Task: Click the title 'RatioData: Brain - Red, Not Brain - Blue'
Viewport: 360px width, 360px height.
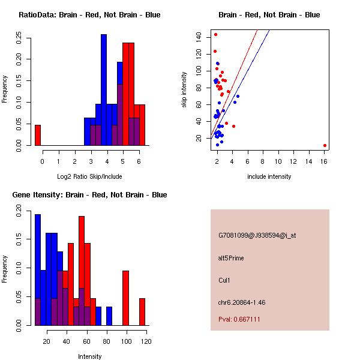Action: [x=89, y=15]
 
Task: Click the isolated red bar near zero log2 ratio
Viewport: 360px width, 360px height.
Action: [x=37, y=135]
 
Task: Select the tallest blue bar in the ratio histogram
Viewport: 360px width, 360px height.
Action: [x=104, y=90]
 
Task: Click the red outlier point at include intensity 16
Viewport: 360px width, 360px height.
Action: [x=325, y=145]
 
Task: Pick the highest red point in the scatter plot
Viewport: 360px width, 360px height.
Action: [x=215, y=35]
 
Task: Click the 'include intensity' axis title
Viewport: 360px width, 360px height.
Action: [x=269, y=176]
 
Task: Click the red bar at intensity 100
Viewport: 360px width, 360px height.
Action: [x=126, y=298]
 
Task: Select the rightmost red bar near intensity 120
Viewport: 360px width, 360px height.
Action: [x=142, y=312]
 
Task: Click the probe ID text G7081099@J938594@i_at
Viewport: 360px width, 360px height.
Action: [x=257, y=235]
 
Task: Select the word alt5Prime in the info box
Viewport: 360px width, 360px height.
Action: [x=231, y=258]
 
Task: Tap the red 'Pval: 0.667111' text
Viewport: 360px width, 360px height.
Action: [x=239, y=320]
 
